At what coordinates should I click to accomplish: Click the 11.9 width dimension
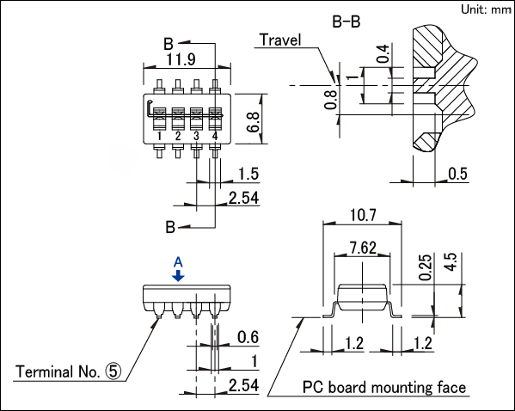[181, 59]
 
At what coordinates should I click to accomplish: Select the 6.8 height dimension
[253, 122]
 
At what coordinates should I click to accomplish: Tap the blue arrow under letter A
[178, 276]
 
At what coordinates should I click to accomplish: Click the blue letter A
[178, 262]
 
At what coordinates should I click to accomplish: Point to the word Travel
[280, 40]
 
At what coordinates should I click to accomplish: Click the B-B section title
[346, 21]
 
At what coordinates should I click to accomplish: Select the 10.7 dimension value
[363, 215]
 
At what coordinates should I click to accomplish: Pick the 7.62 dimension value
[363, 248]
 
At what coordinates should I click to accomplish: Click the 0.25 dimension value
[426, 267]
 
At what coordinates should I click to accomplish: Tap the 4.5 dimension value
[451, 262]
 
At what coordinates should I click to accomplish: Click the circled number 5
[113, 371]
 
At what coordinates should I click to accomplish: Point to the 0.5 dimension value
[457, 174]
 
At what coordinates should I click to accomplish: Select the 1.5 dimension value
[248, 174]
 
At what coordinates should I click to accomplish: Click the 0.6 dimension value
[248, 337]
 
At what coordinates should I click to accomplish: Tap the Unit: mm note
[486, 9]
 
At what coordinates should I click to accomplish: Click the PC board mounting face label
[384, 387]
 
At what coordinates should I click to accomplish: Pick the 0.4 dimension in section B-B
[383, 54]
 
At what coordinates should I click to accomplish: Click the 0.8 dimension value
[330, 100]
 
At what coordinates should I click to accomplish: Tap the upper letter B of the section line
[169, 44]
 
